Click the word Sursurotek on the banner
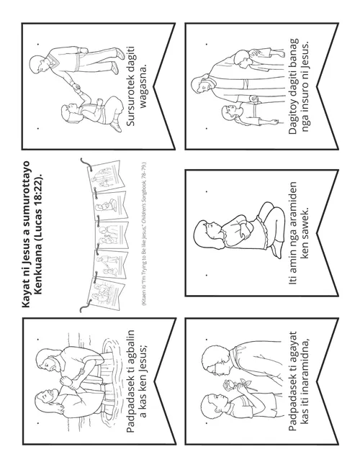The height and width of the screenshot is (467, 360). pyautogui.click(x=130, y=86)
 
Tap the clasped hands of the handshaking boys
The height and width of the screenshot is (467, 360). pyautogui.click(x=76, y=88)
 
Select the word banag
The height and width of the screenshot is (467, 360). pyautogui.click(x=293, y=52)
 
